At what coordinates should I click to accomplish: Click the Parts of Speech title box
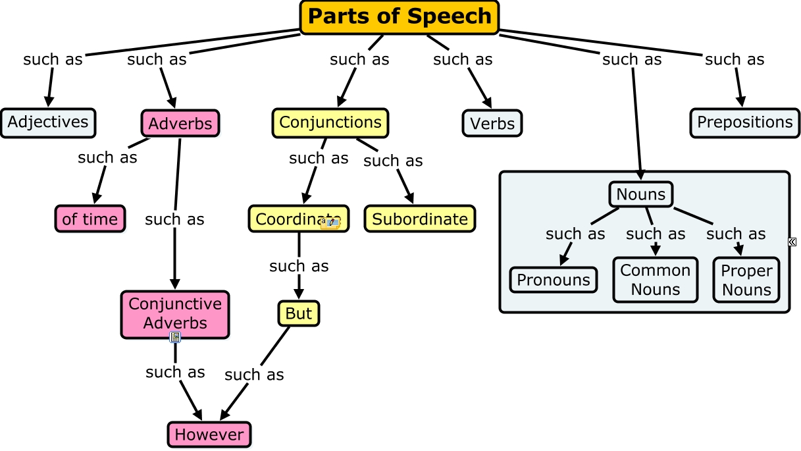400,16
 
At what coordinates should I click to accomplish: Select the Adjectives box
48,122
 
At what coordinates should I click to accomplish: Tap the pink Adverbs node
180,124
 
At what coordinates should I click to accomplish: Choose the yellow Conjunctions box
330,122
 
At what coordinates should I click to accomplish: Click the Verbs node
492,124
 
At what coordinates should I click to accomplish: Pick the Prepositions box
745,122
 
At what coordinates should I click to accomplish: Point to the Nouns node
641,194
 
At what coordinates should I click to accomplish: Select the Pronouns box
554,280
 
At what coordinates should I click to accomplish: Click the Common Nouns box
656,280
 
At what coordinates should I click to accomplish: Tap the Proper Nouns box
746,280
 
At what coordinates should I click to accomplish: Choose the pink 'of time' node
90,219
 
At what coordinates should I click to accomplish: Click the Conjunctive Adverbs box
175,314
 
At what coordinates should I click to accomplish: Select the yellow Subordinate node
420,219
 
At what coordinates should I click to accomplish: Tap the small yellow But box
299,313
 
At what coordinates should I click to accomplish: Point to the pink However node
209,435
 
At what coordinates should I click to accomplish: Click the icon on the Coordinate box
330,223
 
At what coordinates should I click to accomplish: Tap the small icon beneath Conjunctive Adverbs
175,337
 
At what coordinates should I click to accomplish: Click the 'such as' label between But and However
254,375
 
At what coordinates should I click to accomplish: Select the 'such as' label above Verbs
463,59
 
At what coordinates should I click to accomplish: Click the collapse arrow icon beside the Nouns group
792,242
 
